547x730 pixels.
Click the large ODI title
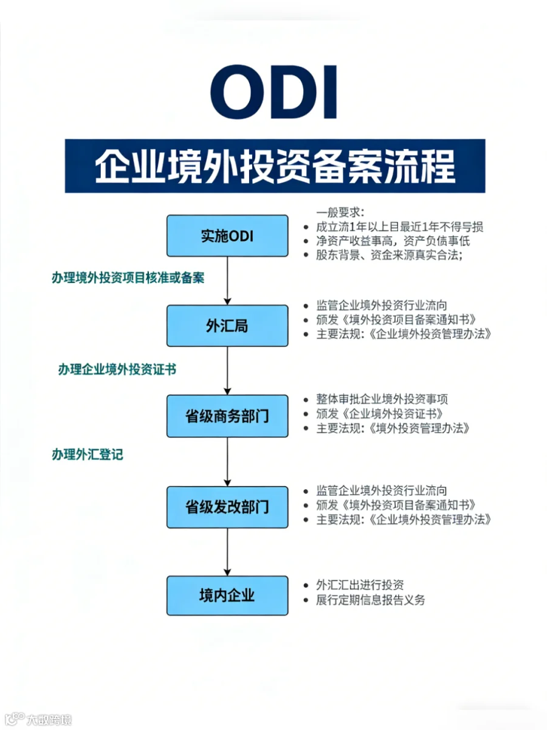tap(274, 91)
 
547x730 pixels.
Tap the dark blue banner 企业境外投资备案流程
tap(275, 165)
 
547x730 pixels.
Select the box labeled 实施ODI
tap(227, 236)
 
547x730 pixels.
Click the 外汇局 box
tap(227, 325)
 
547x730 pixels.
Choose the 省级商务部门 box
tap(227, 415)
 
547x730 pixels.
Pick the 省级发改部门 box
tap(227, 507)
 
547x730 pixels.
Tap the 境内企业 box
tap(227, 596)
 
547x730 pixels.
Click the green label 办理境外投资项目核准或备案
tap(128, 277)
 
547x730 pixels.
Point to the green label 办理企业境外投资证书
tap(117, 369)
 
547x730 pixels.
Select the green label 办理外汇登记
tap(88, 454)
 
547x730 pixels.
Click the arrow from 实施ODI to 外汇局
tap(227, 281)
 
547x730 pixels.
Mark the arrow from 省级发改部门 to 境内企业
tap(227, 552)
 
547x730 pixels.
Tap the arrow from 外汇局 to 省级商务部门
tap(227, 371)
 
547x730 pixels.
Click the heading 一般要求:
tap(340, 212)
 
